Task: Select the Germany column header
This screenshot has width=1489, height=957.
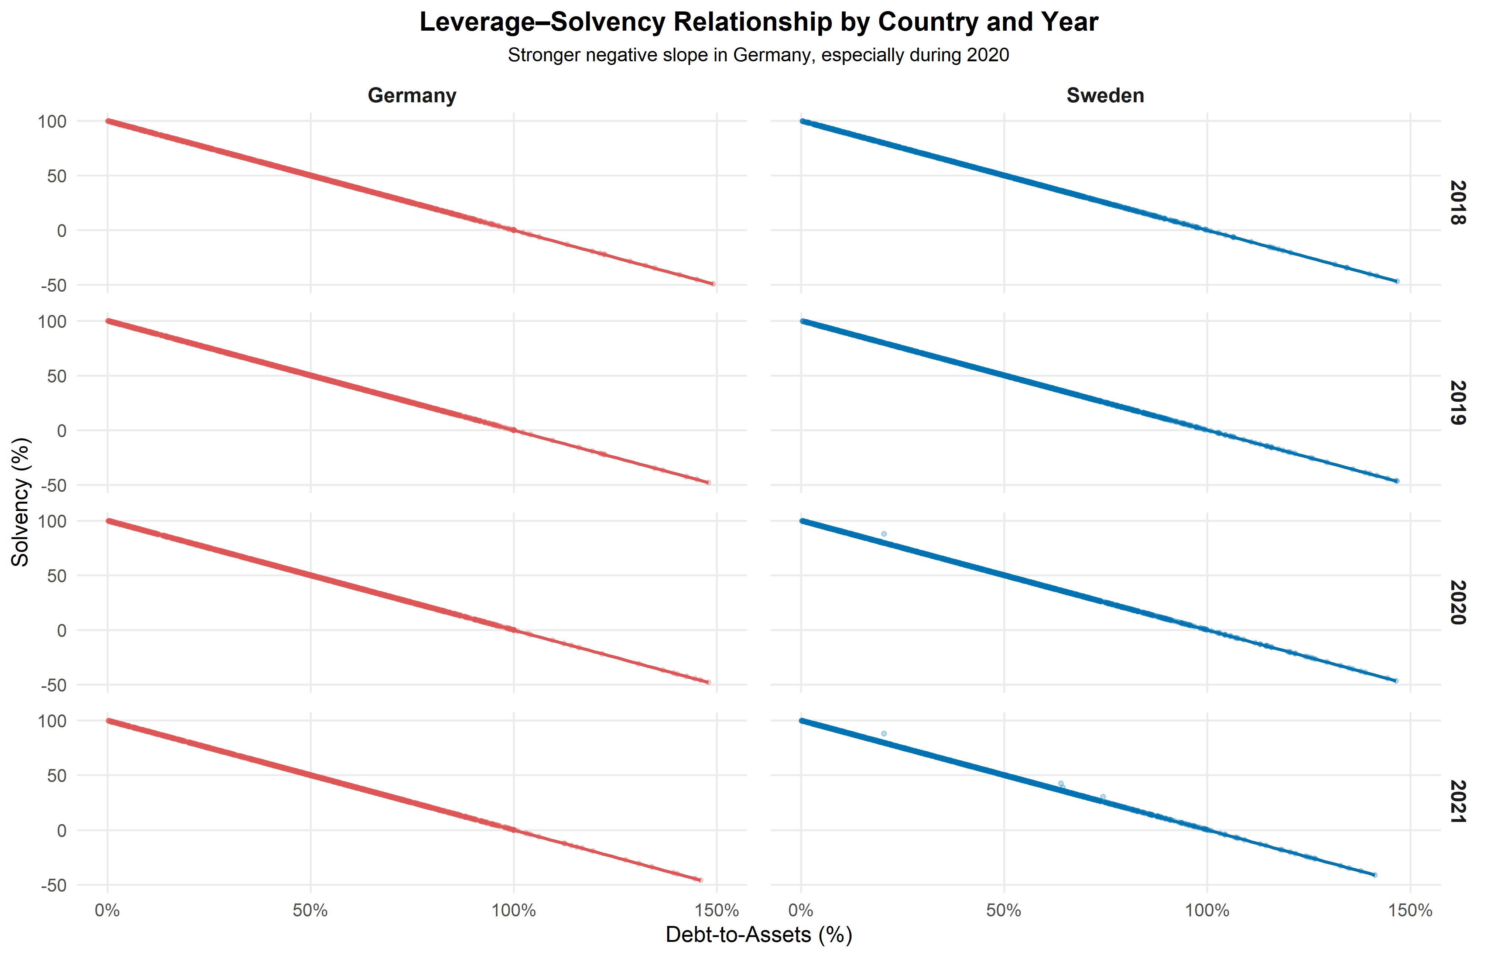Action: click(x=412, y=96)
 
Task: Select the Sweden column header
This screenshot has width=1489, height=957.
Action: click(x=1105, y=96)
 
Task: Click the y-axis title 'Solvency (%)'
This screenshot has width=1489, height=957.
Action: click(x=21, y=502)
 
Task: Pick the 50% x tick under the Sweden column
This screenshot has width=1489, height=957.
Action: click(x=1004, y=911)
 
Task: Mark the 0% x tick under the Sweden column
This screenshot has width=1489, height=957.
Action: click(x=801, y=911)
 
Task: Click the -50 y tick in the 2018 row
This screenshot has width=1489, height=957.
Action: click(x=54, y=286)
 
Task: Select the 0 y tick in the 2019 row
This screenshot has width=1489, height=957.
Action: click(x=61, y=431)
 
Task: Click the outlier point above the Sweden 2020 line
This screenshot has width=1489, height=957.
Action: click(x=884, y=534)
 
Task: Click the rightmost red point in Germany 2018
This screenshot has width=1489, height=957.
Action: click(x=713, y=284)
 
